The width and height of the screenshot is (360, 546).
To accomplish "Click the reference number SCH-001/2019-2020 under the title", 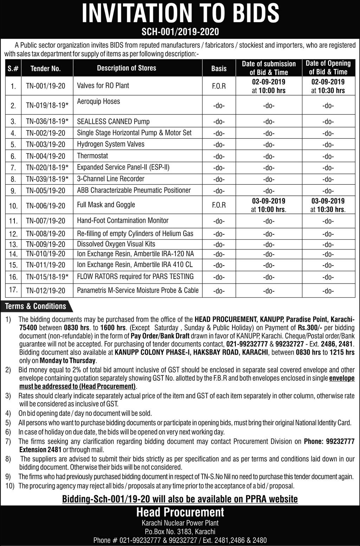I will point(180,32).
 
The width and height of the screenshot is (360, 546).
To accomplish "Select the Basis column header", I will point(219,68).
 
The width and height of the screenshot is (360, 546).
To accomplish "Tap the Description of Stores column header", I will point(127,68).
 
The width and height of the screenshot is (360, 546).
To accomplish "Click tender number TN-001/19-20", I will point(45,86).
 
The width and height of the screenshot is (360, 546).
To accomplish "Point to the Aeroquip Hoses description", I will point(98,101).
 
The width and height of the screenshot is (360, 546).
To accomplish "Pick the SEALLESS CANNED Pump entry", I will point(113,122).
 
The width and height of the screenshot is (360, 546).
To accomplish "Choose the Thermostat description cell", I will point(92,156).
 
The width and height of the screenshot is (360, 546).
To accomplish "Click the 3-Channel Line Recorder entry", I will point(111,179).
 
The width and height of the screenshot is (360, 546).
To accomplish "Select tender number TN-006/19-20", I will point(45,205).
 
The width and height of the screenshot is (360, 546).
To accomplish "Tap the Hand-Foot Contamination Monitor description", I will point(123,221).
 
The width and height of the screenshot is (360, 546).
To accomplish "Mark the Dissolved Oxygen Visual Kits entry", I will point(116,244).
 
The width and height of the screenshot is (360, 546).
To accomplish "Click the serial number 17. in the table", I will point(13,291).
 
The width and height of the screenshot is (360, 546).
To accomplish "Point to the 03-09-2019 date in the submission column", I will point(269,201).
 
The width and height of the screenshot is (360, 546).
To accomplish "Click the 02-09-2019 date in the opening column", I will point(328,82).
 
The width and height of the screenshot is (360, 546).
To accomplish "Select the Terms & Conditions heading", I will point(36,306).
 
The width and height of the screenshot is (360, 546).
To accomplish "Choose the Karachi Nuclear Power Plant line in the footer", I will point(180,523).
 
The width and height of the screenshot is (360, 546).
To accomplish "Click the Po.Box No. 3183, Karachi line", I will point(180,532).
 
